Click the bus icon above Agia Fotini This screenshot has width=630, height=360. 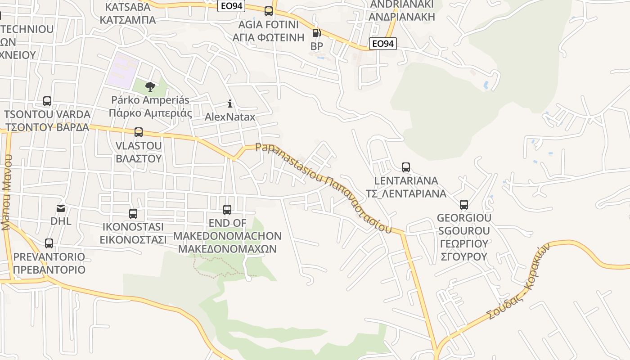point(269,11)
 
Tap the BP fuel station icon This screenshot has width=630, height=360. point(316,33)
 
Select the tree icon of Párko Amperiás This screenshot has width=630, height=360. point(150,86)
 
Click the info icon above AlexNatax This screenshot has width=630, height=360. point(230,104)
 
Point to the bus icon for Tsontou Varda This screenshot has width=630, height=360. point(47,101)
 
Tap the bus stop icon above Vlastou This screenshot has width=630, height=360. point(139,132)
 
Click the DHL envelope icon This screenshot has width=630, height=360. point(61,208)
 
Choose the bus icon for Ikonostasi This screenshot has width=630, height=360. point(133,214)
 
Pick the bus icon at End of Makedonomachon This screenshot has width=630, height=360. point(227,210)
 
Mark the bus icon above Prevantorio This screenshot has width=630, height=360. point(49,243)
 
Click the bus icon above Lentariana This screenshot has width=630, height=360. point(406,167)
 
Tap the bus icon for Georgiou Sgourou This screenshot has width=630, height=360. point(464,205)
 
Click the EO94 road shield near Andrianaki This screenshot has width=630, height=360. point(383,44)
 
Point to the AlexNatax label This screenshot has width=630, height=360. point(230,117)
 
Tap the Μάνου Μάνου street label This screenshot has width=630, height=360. point(6,193)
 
